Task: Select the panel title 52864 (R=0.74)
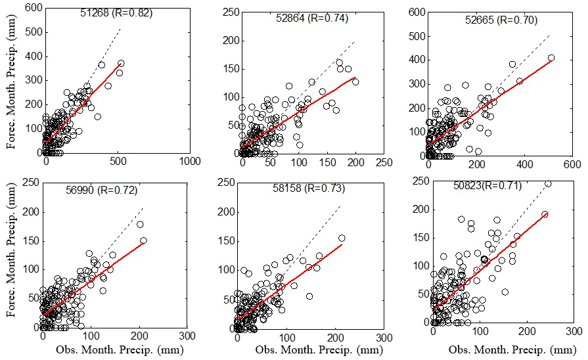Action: (x=313, y=18)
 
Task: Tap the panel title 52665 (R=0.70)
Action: (x=502, y=20)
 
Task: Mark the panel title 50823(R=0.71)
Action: (x=487, y=186)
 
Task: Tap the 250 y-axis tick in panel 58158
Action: (x=225, y=183)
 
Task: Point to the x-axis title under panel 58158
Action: (x=319, y=349)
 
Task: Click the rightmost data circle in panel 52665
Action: (x=551, y=58)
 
